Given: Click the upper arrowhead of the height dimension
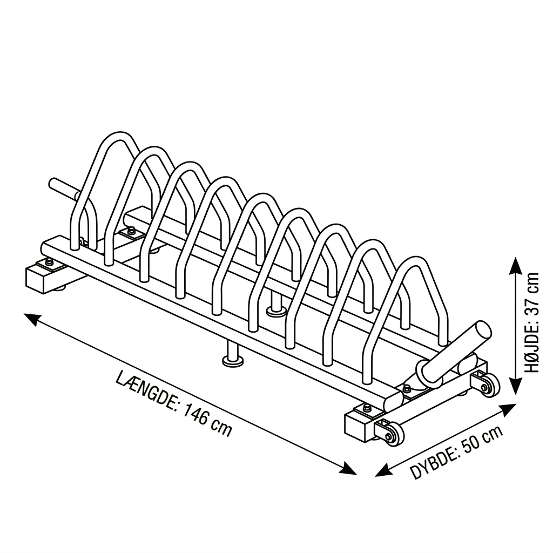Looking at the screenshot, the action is [x=516, y=265].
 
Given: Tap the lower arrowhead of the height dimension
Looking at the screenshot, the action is [x=516, y=386].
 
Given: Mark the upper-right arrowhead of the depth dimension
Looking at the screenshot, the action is [x=508, y=409].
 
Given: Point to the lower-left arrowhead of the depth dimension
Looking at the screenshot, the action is [x=383, y=470].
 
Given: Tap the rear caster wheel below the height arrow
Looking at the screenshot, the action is [x=488, y=386].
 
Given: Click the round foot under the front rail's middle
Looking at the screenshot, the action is [x=233, y=360].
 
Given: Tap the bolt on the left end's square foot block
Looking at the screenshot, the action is [x=48, y=262].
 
